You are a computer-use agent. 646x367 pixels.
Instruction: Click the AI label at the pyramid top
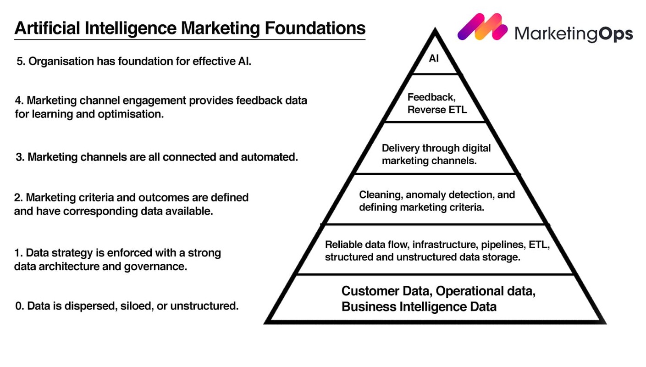pyautogui.click(x=434, y=59)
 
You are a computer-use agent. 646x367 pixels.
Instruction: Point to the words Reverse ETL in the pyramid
pyautogui.click(x=437, y=110)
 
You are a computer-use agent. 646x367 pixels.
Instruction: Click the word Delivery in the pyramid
pyautogui.click(x=401, y=148)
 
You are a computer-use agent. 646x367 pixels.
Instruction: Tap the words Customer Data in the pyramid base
pyautogui.click(x=386, y=291)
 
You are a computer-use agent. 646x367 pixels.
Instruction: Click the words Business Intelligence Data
pyautogui.click(x=419, y=306)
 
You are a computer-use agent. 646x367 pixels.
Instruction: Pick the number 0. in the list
pyautogui.click(x=20, y=306)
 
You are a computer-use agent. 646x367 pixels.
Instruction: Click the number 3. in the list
pyautogui.click(x=20, y=157)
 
